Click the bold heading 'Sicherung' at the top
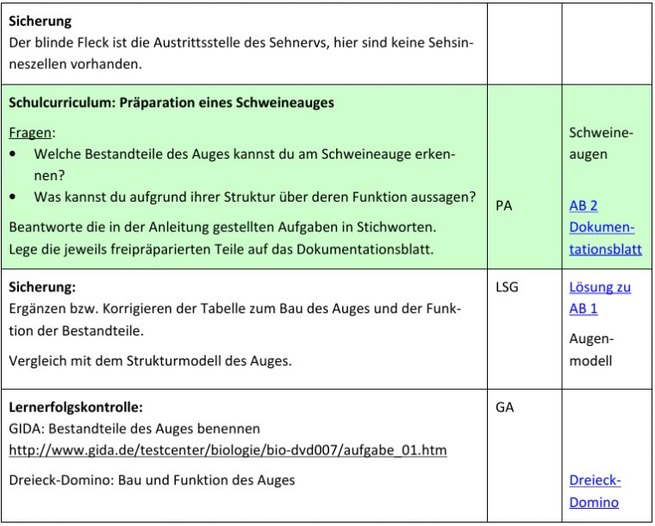[x=41, y=21]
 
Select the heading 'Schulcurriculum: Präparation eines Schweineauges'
[x=172, y=103]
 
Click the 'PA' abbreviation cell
[x=505, y=206]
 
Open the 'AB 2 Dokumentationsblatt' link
[x=604, y=228]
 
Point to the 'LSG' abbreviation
[x=508, y=287]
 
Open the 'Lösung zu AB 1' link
[x=599, y=297]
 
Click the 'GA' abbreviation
[x=505, y=407]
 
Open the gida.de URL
[x=228, y=450]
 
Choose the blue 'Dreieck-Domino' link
[x=595, y=491]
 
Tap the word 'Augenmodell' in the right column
[x=590, y=349]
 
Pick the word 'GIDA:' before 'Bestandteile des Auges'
[x=27, y=428]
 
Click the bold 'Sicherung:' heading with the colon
[x=43, y=287]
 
